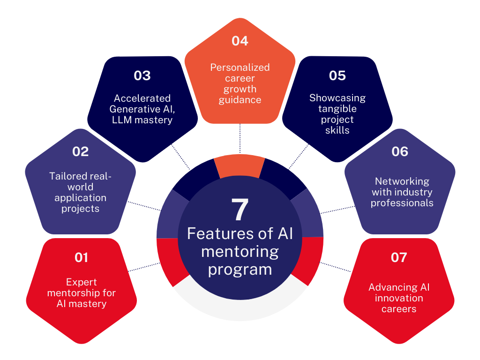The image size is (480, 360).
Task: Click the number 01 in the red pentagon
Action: click(81, 257)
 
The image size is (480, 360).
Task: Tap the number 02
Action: click(80, 152)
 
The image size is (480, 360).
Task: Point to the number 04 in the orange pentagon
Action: click(240, 41)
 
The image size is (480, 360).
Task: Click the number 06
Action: click(400, 152)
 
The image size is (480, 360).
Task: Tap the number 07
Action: click(399, 257)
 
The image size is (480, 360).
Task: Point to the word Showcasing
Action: click(337, 98)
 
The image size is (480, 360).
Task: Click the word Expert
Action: click(81, 282)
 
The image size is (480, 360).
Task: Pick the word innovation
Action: click(399, 298)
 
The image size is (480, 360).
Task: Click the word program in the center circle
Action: click(240, 270)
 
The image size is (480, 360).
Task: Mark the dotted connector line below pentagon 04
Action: click(240, 138)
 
